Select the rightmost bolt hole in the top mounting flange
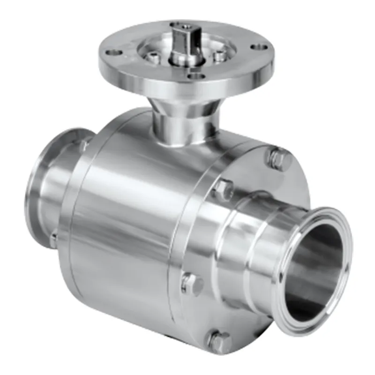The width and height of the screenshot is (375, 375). pos(257,47)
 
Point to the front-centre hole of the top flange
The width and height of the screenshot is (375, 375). pos(193,74)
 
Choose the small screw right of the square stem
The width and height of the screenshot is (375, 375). pos(218,55)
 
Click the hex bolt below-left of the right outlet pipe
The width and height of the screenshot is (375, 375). pos(192,284)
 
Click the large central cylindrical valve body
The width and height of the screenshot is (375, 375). pos(127,225)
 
